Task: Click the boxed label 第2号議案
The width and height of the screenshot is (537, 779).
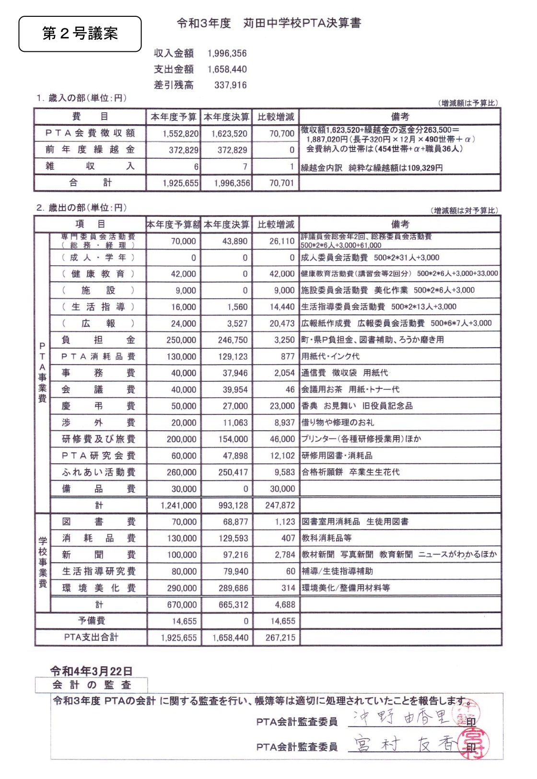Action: (80, 34)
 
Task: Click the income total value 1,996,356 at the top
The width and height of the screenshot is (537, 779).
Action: (227, 53)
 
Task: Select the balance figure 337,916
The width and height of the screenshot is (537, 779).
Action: (231, 85)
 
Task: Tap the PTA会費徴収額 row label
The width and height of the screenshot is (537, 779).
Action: (90, 133)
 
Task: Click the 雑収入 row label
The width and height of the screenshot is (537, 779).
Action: (90, 166)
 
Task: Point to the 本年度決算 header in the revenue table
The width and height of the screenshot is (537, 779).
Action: (226, 117)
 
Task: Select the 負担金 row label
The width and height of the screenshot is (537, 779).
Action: (98, 340)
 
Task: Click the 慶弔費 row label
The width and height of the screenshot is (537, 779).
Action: (98, 406)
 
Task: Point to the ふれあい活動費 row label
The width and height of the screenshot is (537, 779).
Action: (98, 472)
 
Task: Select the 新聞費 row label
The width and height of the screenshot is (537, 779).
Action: (98, 555)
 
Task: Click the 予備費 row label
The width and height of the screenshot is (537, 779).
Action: (91, 621)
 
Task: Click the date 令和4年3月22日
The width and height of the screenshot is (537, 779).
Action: (91, 671)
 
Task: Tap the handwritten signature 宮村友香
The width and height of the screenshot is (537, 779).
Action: (405, 744)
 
